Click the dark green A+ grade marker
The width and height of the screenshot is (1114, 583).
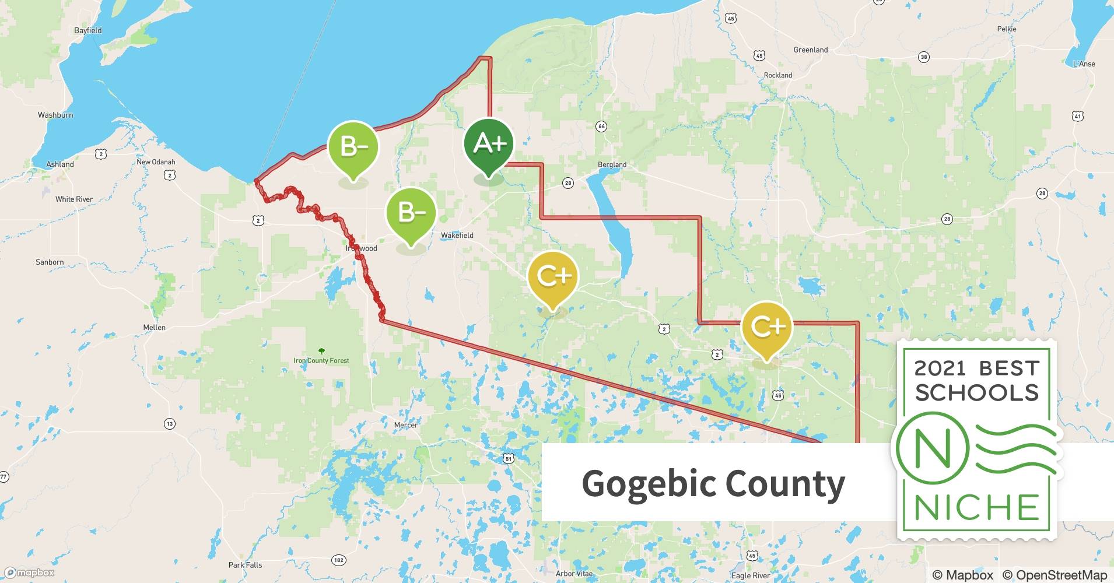(488, 144)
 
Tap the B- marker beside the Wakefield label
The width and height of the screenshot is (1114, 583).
(411, 212)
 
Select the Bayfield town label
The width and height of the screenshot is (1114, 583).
(88, 30)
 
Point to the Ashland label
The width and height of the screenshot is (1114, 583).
(60, 164)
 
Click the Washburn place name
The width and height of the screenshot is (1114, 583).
(55, 115)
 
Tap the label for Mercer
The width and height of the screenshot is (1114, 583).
(406, 425)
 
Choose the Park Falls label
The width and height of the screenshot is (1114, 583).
(245, 565)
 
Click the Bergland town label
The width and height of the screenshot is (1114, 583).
(612, 164)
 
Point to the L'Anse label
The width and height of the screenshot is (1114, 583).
(1084, 64)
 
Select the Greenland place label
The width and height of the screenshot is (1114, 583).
(810, 50)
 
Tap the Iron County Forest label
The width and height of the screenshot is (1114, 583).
(321, 360)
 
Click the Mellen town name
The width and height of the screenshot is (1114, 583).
(155, 328)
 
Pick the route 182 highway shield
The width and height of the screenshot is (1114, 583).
(338, 560)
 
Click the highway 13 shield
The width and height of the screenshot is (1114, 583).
(169, 424)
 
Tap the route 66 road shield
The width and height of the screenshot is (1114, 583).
(601, 127)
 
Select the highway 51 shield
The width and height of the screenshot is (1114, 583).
(509, 459)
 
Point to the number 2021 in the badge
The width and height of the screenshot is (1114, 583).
(940, 368)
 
